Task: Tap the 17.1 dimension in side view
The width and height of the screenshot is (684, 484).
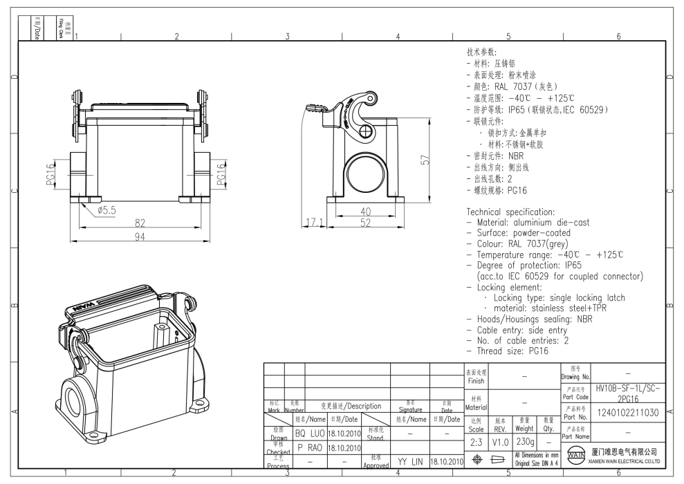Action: [313, 223]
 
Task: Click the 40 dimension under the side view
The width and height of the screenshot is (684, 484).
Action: [367, 212]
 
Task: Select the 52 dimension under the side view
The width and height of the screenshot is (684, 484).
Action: [367, 223]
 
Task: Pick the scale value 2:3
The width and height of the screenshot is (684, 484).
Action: [476, 440]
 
